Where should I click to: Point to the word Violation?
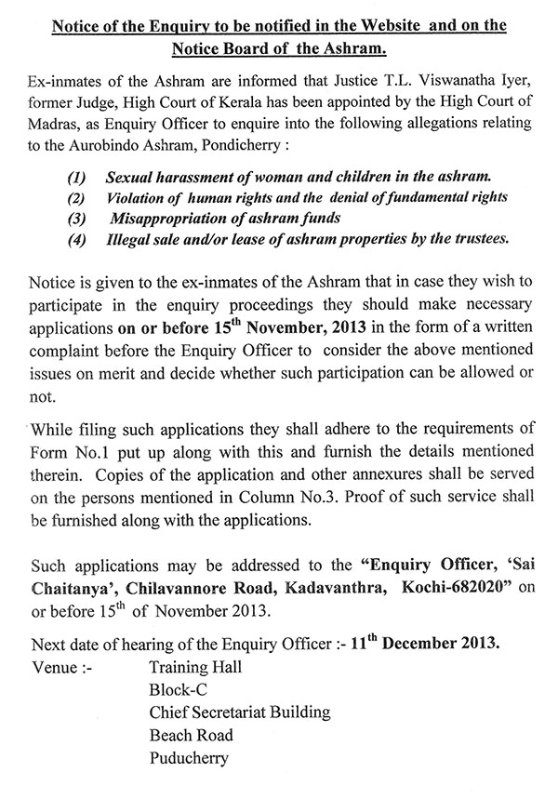pos(139,197)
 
